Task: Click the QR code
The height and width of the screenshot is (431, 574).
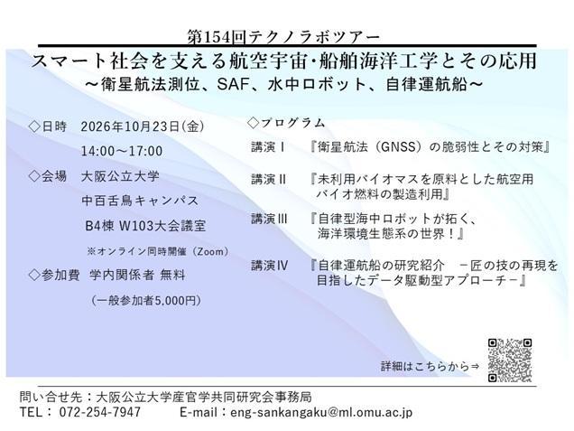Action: click(x=510, y=361)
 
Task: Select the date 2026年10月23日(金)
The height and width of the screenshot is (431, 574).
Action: click(x=143, y=126)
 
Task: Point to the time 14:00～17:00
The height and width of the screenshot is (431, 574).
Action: click(x=122, y=151)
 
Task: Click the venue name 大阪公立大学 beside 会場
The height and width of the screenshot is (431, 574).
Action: click(x=120, y=176)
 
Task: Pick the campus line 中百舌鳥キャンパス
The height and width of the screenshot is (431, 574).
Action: click(x=140, y=201)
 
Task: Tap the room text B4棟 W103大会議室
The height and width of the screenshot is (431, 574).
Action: click(x=145, y=226)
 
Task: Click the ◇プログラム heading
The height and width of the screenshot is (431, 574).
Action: click(x=286, y=123)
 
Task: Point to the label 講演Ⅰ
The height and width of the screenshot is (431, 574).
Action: click(x=268, y=147)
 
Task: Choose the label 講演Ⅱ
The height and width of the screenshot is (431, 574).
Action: click(x=269, y=179)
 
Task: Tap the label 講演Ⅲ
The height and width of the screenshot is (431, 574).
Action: click(x=270, y=219)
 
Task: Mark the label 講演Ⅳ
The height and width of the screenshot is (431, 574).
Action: click(x=270, y=266)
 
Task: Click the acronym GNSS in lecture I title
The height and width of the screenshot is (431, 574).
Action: click(x=398, y=147)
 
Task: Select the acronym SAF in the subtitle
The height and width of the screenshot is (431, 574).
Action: click(x=234, y=85)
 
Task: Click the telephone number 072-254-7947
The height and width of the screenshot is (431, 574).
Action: click(x=99, y=412)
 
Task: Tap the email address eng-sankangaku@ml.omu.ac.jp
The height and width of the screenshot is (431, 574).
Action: click(x=321, y=412)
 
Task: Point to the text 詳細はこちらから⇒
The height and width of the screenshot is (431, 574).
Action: click(x=430, y=366)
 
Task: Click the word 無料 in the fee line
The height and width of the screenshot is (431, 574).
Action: click(x=172, y=275)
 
